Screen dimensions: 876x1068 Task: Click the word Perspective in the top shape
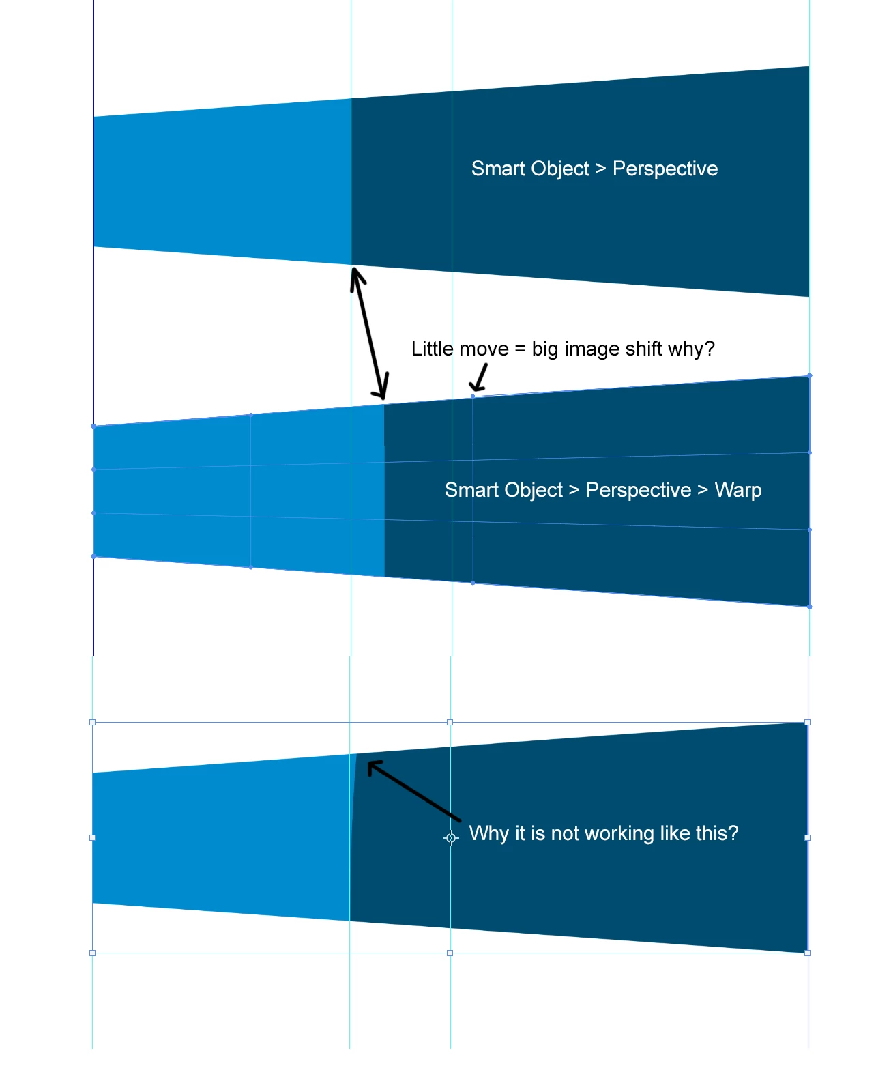pyautogui.click(x=665, y=169)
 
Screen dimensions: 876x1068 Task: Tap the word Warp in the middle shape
pyautogui.click(x=738, y=490)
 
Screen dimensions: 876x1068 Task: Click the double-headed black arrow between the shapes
pyautogui.click(x=369, y=334)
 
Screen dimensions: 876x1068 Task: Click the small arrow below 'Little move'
pyautogui.click(x=479, y=377)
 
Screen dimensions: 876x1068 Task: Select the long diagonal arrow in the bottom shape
pyautogui.click(x=413, y=790)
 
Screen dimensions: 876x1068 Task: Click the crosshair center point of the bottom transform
pyautogui.click(x=451, y=838)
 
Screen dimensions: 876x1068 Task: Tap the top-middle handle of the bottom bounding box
pyautogui.click(x=450, y=722)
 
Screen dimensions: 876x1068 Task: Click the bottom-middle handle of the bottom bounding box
pyautogui.click(x=450, y=953)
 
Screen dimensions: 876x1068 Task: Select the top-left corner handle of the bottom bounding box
pyautogui.click(x=92, y=722)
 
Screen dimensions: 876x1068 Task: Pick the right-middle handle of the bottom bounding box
pyautogui.click(x=807, y=837)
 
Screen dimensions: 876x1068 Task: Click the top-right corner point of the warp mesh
pyautogui.click(x=810, y=376)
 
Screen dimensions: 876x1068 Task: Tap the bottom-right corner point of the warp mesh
pyautogui.click(x=810, y=607)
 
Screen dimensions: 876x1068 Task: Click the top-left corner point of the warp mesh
pyautogui.click(x=93, y=427)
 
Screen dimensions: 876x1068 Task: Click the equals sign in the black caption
pyautogui.click(x=520, y=349)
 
